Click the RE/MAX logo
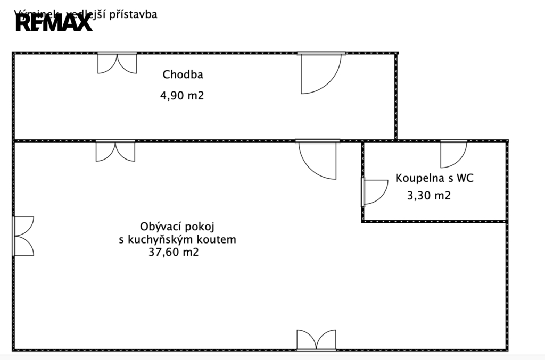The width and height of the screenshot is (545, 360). click(x=54, y=23)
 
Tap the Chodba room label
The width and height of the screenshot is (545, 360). click(x=183, y=74)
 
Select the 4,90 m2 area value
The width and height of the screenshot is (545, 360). click(x=182, y=96)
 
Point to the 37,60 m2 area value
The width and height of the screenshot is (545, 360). click(x=174, y=253)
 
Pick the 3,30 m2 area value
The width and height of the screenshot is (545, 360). click(x=428, y=195)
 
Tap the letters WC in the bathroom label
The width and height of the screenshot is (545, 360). click(x=465, y=178)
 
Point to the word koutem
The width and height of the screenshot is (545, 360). click(x=219, y=239)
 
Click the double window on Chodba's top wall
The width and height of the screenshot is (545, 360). click(x=117, y=63)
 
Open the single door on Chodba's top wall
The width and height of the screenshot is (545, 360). click(x=320, y=73)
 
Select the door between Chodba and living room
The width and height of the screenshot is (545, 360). click(x=318, y=160)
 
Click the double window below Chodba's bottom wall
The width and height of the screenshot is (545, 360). click(x=115, y=151)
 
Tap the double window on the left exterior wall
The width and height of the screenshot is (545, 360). click(x=23, y=236)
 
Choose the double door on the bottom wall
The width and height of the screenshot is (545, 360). click(x=316, y=340)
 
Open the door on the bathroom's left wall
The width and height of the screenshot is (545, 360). click(x=375, y=192)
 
